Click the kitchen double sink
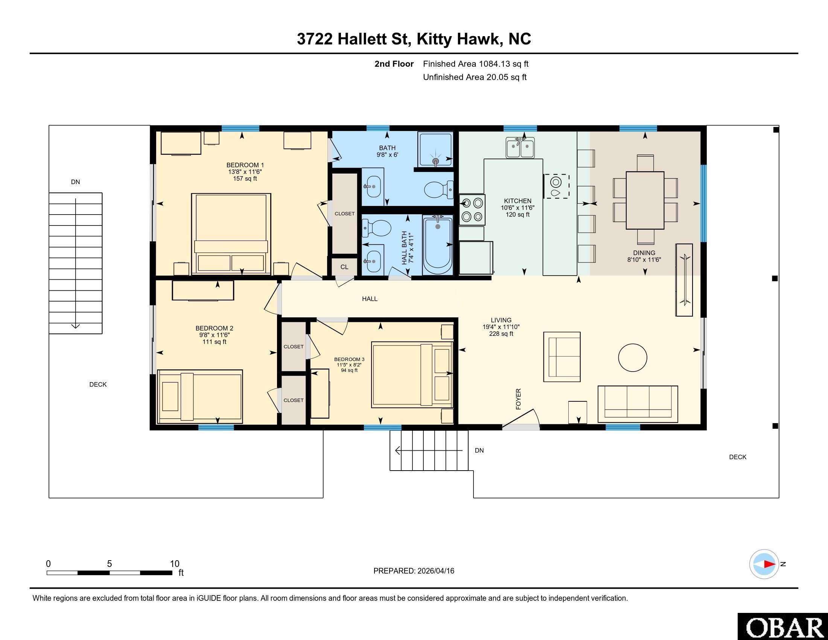(x=520, y=148)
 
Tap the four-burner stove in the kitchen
(x=472, y=210)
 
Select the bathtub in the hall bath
(x=438, y=245)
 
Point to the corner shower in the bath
(x=435, y=149)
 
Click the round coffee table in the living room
(x=632, y=357)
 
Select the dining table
(x=645, y=200)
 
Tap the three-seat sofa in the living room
(x=638, y=404)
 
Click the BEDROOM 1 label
(x=245, y=165)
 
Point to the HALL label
(x=370, y=299)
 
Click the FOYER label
(x=518, y=399)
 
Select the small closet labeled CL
(x=344, y=267)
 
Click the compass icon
(x=764, y=564)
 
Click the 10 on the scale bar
(x=174, y=564)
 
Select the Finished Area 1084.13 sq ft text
(x=476, y=64)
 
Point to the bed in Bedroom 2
(x=200, y=396)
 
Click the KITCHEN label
(x=517, y=201)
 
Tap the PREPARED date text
(x=414, y=571)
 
